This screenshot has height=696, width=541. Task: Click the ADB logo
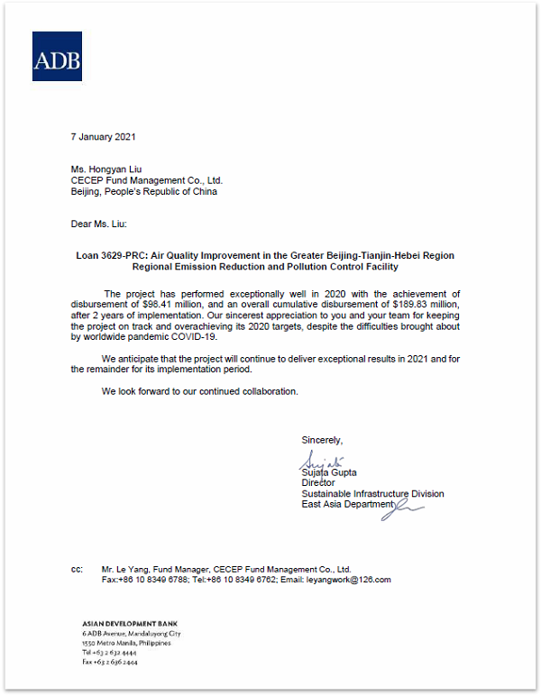[x=57, y=56]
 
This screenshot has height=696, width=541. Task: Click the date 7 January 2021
[x=103, y=137]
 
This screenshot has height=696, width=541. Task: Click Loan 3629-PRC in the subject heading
[x=113, y=256]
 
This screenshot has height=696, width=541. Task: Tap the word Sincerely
[x=322, y=440]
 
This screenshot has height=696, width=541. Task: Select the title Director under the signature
[x=318, y=483]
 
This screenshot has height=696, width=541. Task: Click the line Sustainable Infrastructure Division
[x=372, y=494]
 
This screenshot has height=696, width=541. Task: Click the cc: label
[x=77, y=570]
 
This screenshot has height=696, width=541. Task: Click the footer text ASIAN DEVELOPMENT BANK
[x=117, y=623]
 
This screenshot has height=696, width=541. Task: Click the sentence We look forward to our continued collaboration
[x=199, y=391]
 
